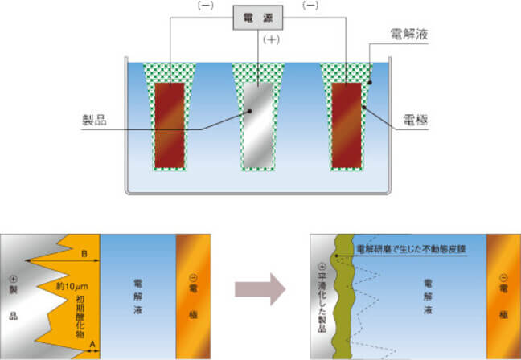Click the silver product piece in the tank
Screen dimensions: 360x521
click(x=259, y=125)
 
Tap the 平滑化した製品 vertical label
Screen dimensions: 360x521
click(x=323, y=294)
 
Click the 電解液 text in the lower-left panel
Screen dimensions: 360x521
click(x=138, y=296)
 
